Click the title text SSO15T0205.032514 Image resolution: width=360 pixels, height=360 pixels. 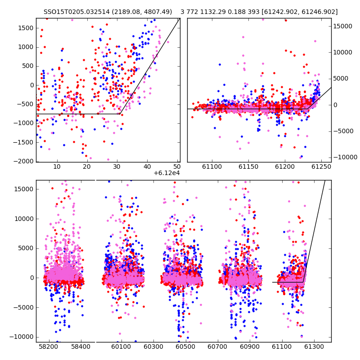pyautogui.click(x=76, y=12)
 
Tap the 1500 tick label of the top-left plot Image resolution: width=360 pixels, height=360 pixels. pyautogui.click(x=26, y=28)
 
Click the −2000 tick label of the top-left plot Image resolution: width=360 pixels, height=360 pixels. pyautogui.click(x=23, y=162)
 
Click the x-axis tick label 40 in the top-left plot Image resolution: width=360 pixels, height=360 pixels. pyautogui.click(x=147, y=166)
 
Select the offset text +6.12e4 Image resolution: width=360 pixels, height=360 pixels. pyautogui.click(x=166, y=173)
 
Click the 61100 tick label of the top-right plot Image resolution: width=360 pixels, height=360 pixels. pyautogui.click(x=212, y=166)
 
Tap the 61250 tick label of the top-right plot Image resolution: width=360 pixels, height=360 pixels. pyautogui.click(x=321, y=166)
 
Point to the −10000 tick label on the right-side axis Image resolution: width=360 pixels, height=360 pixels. pyautogui.click(x=345, y=157)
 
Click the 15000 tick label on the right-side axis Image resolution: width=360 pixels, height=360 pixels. pyautogui.click(x=343, y=26)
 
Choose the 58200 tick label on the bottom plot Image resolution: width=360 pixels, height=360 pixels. pyautogui.click(x=49, y=346)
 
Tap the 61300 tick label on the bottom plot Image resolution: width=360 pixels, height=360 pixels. pyautogui.click(x=314, y=346)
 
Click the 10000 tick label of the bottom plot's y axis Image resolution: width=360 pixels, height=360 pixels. pyautogui.click(x=24, y=219)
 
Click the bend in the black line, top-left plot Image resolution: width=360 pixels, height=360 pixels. pyautogui.click(x=120, y=114)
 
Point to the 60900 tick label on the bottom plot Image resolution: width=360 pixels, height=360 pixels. pyautogui.click(x=250, y=346)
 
